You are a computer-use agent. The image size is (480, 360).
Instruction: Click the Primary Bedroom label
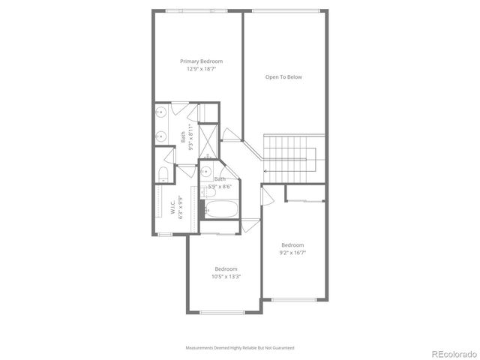point(201,61)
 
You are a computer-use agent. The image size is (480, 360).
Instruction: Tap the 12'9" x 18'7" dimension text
point(201,68)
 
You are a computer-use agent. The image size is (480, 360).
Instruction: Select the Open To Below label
point(284,76)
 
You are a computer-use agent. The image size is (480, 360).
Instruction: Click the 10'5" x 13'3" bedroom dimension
point(226,276)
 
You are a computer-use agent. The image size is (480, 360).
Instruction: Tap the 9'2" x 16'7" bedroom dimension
point(292,253)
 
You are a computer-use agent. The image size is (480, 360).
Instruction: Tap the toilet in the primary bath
point(163,175)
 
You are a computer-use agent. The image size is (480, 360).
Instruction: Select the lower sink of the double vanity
point(161,137)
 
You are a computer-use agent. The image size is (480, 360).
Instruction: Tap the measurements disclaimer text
point(240,348)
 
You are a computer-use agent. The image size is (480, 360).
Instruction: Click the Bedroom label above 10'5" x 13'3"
point(226,268)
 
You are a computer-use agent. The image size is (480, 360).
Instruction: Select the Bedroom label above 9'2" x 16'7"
point(292,245)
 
